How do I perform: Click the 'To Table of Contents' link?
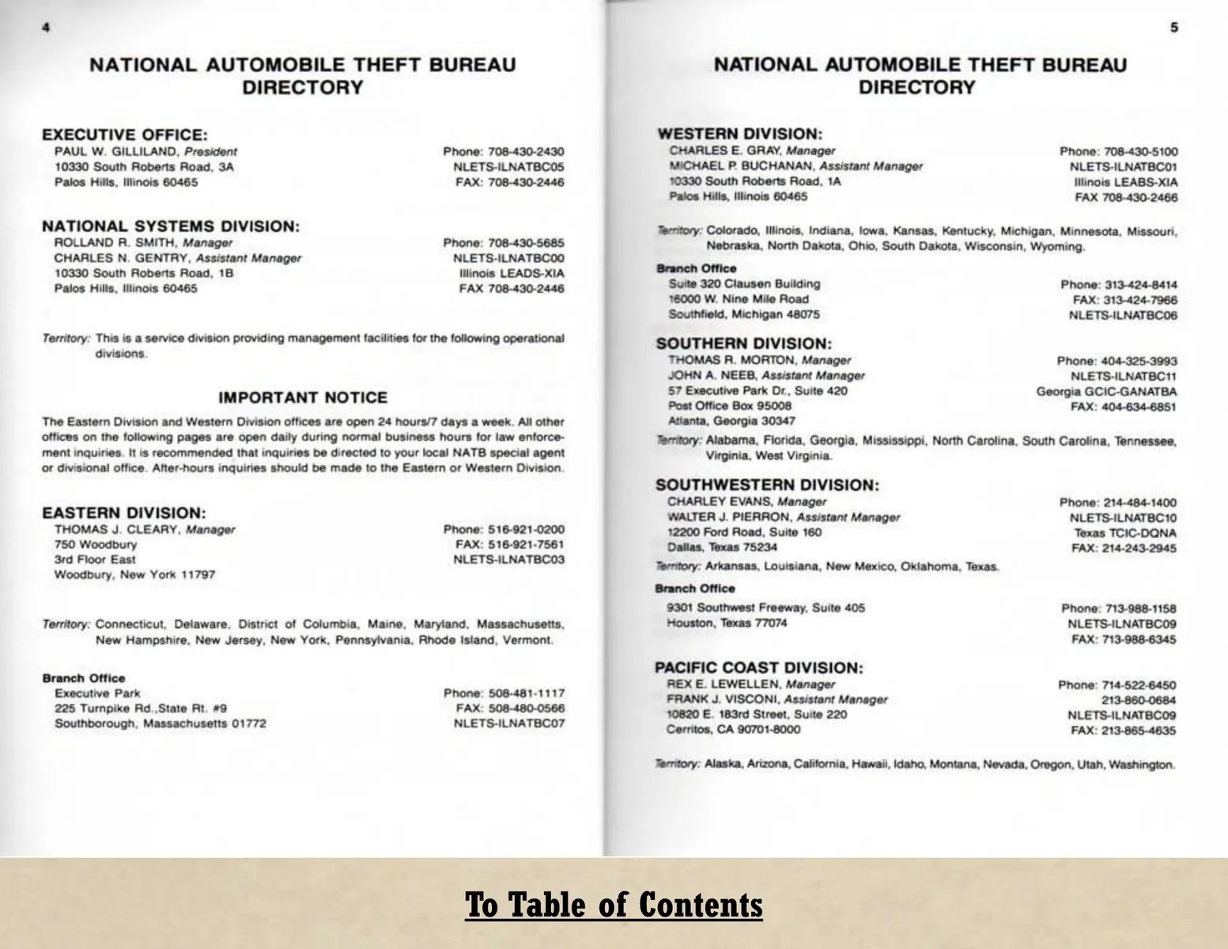click(x=614, y=904)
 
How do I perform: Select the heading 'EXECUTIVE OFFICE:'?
click(x=124, y=135)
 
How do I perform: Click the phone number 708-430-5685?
click(x=526, y=243)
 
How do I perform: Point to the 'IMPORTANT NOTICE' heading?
click(x=303, y=398)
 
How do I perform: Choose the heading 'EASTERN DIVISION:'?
click(x=123, y=513)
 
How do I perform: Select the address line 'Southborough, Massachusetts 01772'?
click(x=160, y=724)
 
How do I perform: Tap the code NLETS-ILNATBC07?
click(x=509, y=724)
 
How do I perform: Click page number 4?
click(x=46, y=28)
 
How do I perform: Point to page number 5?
click(x=1174, y=28)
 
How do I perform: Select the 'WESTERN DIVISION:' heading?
click(x=739, y=134)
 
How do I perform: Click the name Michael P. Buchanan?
click(x=742, y=166)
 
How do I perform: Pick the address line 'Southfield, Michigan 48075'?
click(x=743, y=315)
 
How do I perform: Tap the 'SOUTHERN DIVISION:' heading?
click(x=743, y=344)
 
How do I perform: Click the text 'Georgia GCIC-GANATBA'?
click(x=1106, y=391)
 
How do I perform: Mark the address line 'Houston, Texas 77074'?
click(x=727, y=623)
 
